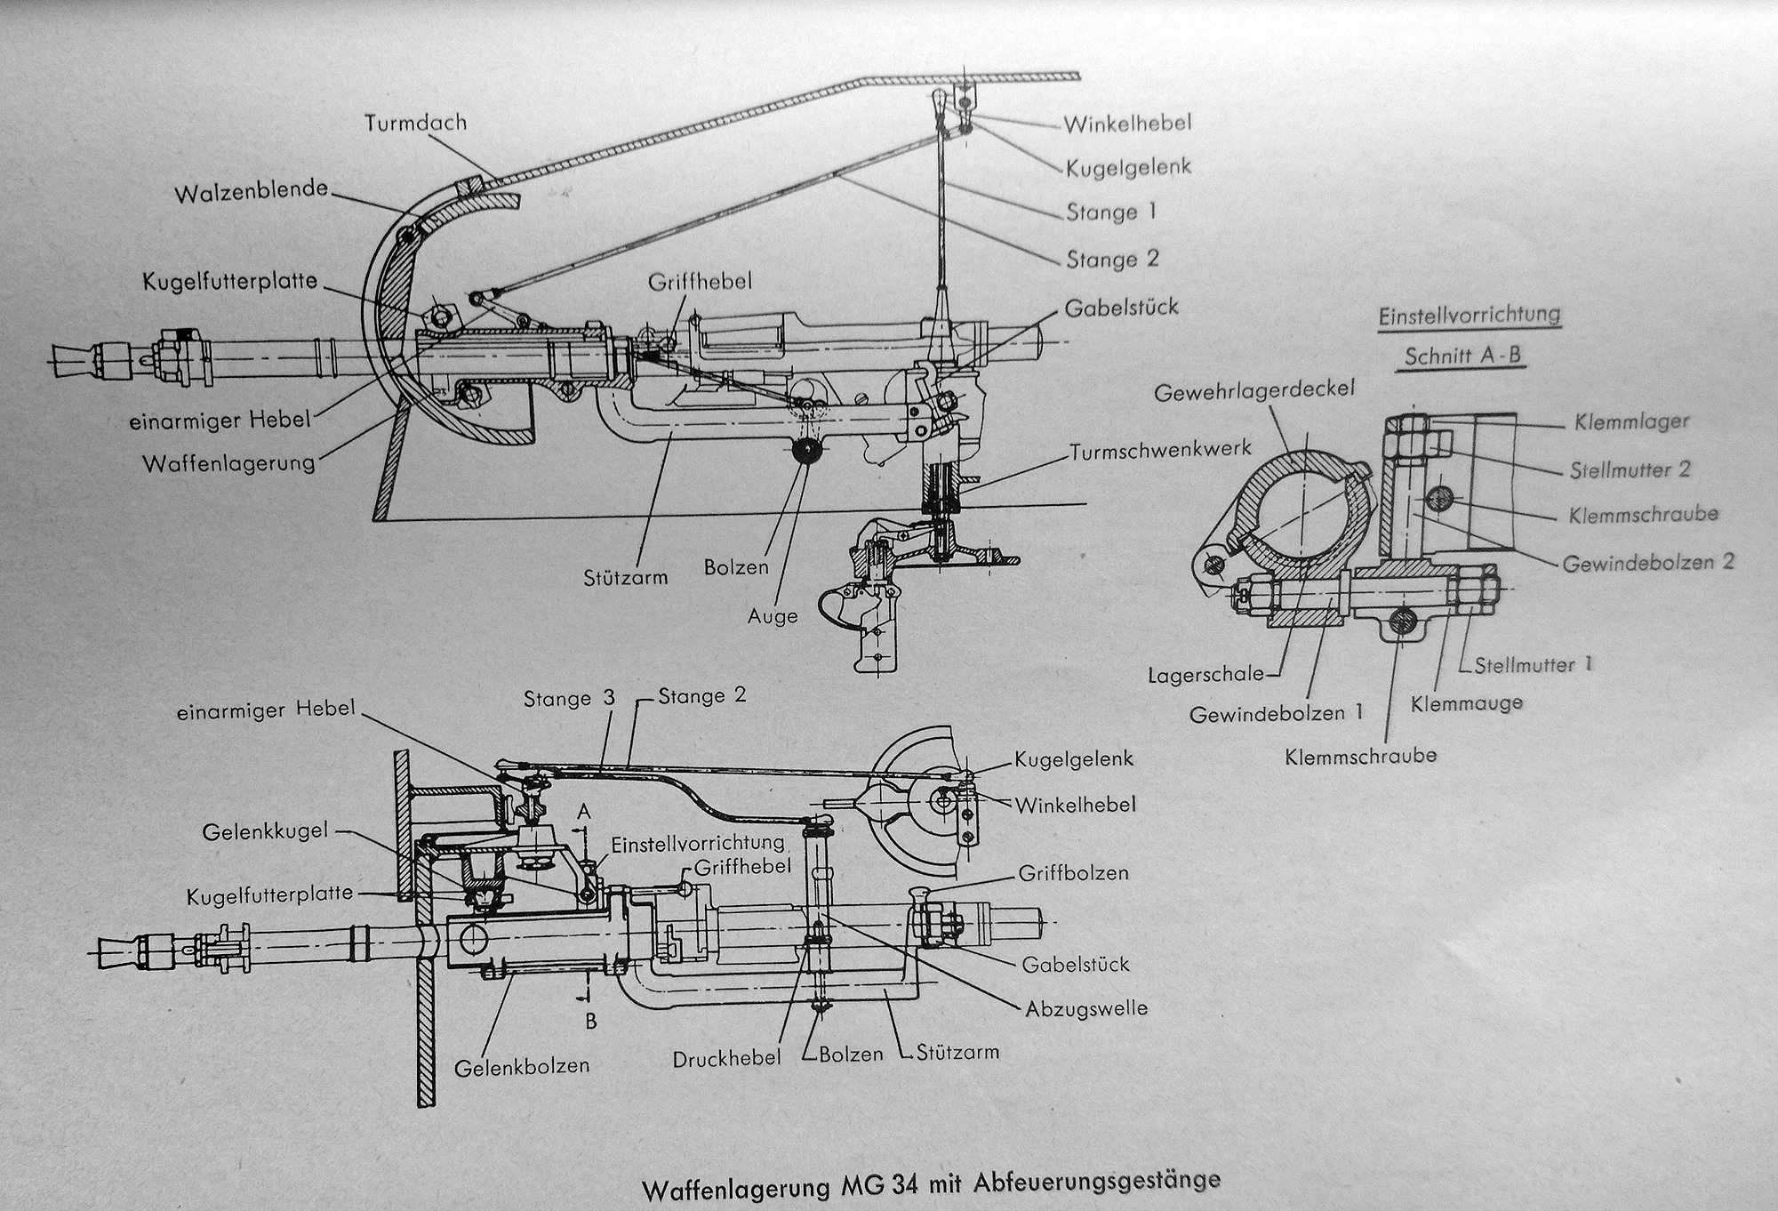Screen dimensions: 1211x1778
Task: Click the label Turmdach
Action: coord(415,123)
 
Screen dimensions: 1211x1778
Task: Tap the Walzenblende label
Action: coord(252,192)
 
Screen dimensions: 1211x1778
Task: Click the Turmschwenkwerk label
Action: coord(1161,451)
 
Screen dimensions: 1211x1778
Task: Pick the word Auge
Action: coord(773,615)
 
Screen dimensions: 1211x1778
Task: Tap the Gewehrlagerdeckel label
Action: coord(1253,389)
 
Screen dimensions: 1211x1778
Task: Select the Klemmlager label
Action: coord(1631,421)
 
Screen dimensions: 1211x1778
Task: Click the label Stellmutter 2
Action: coord(1630,469)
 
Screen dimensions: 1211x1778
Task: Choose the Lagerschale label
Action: coord(1205,674)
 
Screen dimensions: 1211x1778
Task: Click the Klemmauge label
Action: coord(1467,703)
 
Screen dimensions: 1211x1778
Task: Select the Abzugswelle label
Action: coord(1085,1008)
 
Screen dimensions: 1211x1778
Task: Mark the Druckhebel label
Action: coord(726,1058)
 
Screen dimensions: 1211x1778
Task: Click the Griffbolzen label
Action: coord(1073,873)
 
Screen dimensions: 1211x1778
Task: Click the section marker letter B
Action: coord(590,1022)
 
